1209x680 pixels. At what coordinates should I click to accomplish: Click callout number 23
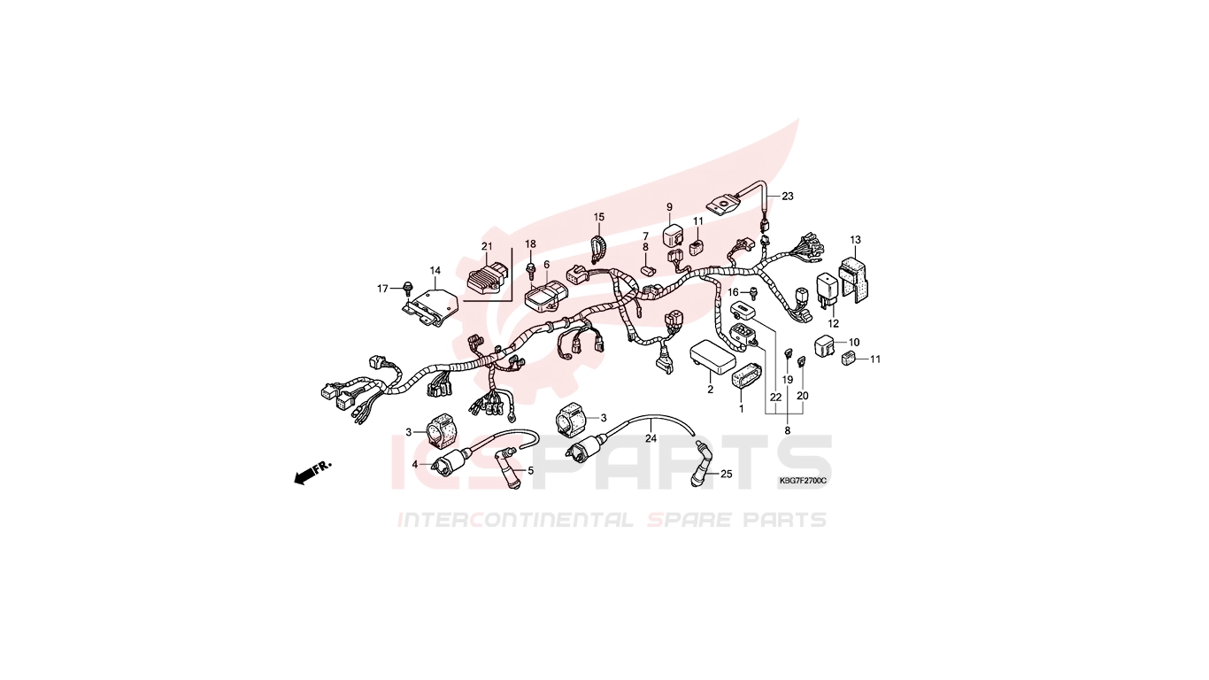coord(788,196)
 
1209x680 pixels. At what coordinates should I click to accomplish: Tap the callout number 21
coord(487,246)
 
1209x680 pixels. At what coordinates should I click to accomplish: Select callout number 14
coord(435,270)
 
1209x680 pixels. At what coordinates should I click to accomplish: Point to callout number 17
coord(382,289)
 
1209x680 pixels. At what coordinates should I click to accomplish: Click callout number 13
coord(856,239)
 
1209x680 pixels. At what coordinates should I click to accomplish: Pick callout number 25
coord(727,475)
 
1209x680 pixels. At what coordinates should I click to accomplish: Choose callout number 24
coord(651,438)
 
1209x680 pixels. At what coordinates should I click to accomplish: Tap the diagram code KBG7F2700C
coord(803,481)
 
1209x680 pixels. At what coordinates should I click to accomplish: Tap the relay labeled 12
coord(828,290)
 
